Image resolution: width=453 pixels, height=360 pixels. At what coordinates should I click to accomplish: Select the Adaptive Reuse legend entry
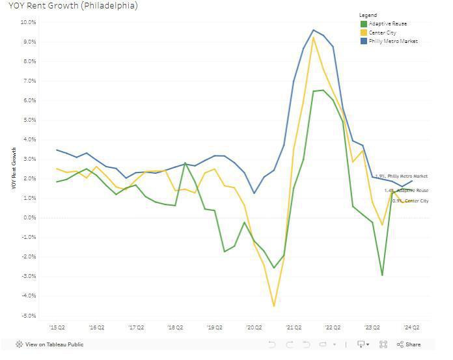tap(388, 23)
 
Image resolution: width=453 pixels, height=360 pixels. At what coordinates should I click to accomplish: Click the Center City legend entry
tap(383, 32)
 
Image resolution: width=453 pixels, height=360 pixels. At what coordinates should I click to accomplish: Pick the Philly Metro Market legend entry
tap(392, 41)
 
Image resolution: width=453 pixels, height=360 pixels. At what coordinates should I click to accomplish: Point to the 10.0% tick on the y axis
tap(28, 22)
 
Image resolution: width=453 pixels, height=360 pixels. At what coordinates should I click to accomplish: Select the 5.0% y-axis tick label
tap(29, 120)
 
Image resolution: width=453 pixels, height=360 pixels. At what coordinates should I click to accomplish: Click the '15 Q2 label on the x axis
tap(57, 328)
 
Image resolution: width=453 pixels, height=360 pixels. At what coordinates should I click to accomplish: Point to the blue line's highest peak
tap(313, 30)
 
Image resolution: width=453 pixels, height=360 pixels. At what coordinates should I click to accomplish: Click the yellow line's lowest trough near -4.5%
tap(274, 305)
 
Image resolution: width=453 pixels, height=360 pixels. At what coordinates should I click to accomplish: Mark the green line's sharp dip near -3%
tap(382, 275)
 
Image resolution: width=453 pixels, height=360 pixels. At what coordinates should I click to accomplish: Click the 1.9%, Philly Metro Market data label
tap(402, 176)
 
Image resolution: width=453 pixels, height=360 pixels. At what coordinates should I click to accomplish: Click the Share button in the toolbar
tap(408, 344)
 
